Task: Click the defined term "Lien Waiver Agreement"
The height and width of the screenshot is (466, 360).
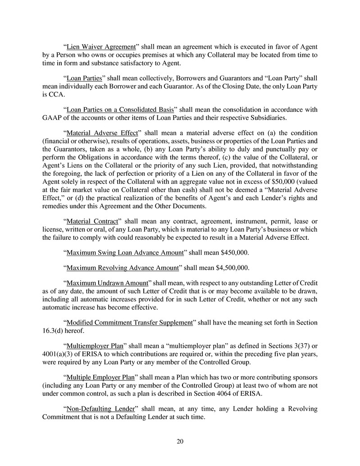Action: pyautogui.click(x=101, y=47)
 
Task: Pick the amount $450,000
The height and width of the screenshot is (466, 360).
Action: pyautogui.click(x=234, y=252)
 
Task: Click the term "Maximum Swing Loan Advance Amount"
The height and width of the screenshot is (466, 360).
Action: pyautogui.click(x=125, y=252)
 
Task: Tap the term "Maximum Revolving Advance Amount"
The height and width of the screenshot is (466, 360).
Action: pyautogui.click(x=123, y=268)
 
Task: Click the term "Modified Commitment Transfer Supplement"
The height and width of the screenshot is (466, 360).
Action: pyautogui.click(x=130, y=323)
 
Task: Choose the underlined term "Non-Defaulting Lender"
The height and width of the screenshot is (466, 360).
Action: pyautogui.click(x=101, y=408)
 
